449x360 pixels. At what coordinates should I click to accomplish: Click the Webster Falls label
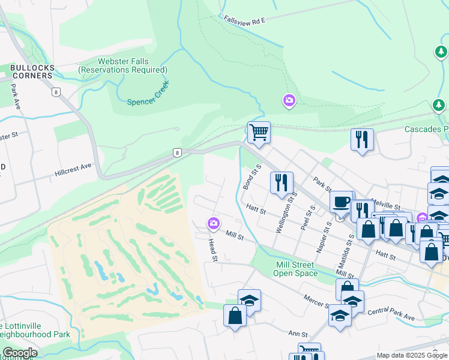(122, 66)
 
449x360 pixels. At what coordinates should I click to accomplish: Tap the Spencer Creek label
(148, 94)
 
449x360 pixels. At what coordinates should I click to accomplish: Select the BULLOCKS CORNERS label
(31, 72)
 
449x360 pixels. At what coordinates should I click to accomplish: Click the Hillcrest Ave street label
(73, 168)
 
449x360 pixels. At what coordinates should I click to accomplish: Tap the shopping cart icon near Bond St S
(259, 132)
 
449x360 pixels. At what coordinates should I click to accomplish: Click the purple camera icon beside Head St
(213, 224)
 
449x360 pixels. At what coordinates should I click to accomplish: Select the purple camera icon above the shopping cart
(289, 101)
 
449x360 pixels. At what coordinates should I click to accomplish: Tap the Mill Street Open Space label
(295, 269)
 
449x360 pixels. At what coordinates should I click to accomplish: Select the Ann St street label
(298, 334)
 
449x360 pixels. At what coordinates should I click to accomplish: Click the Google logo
(20, 353)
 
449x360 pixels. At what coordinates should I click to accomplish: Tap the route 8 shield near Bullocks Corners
(56, 92)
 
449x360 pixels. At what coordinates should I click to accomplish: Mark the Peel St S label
(310, 218)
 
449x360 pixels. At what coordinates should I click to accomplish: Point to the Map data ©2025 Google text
(411, 355)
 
